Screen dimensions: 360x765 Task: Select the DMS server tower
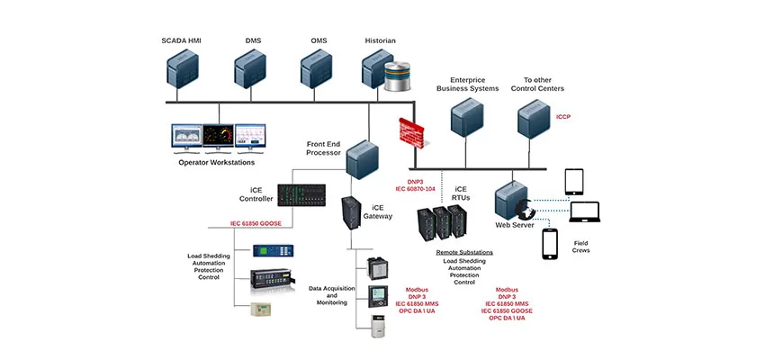249,71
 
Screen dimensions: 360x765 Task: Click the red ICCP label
564,116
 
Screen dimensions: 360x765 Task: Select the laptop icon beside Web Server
586,213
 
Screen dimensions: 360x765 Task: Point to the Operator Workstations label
216,163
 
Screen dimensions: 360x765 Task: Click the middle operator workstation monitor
217,138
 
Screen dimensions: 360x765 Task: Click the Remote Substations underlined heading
464,253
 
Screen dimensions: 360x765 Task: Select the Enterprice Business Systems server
467,118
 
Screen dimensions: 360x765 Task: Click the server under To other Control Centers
533,118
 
